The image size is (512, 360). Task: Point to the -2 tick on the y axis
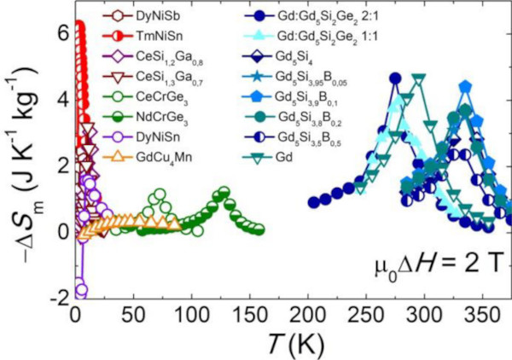53,296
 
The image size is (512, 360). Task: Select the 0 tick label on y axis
58,230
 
